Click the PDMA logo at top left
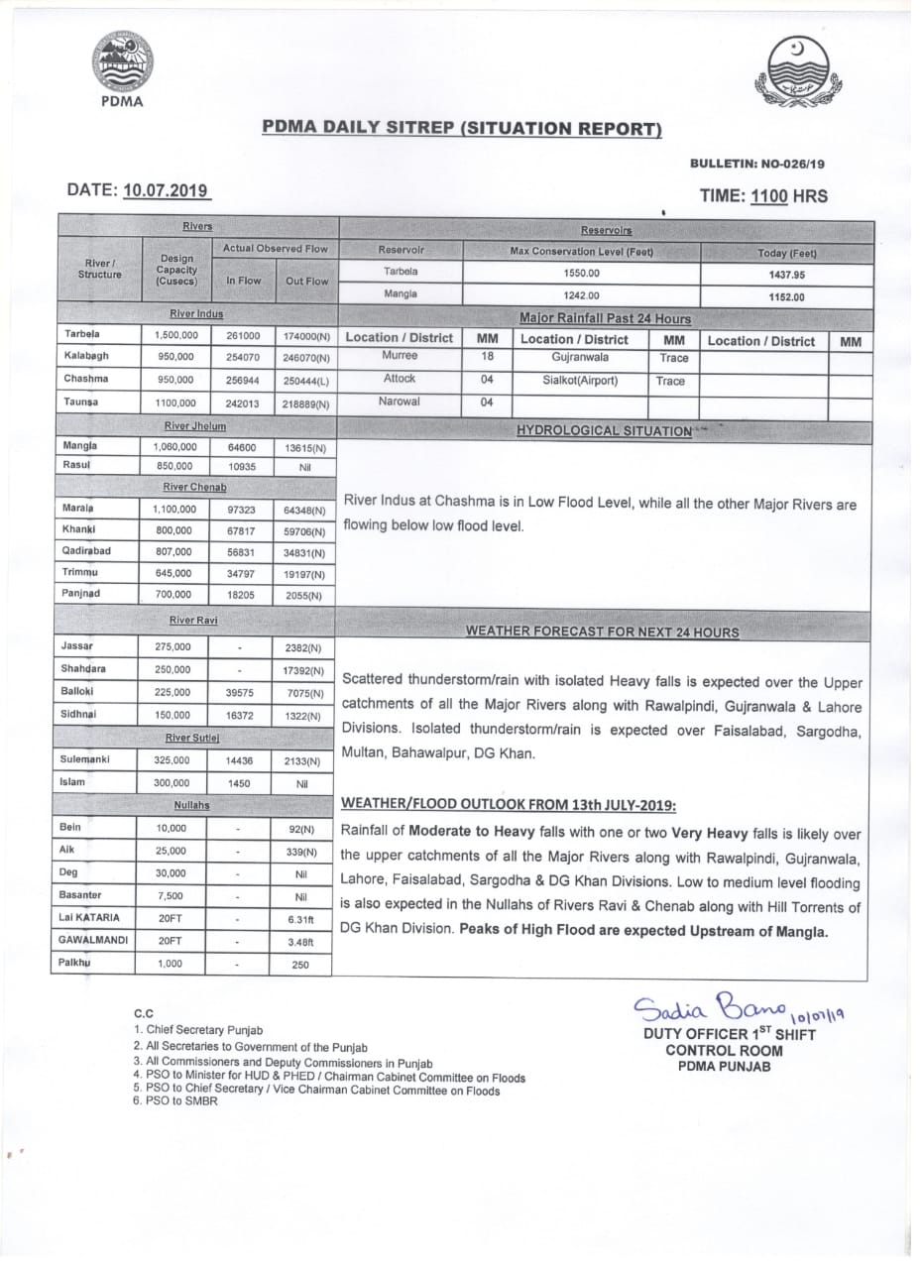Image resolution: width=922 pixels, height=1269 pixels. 123,64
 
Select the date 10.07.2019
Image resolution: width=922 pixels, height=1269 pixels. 166,190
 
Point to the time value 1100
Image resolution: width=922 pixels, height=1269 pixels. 768,196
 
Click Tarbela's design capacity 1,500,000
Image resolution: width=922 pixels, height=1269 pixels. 175,335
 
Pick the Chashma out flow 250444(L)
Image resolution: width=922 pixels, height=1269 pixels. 305,380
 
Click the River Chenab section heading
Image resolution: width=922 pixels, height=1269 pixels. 195,487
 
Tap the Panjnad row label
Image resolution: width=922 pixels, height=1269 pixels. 82,593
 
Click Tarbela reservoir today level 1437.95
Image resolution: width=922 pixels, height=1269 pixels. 787,275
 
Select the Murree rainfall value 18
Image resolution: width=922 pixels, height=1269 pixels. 487,356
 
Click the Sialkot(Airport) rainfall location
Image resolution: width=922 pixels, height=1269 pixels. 580,380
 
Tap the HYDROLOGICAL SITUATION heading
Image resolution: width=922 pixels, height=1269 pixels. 605,431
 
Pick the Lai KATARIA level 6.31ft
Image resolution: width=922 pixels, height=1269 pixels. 301,918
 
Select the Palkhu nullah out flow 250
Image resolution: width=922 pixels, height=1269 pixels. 301,964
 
